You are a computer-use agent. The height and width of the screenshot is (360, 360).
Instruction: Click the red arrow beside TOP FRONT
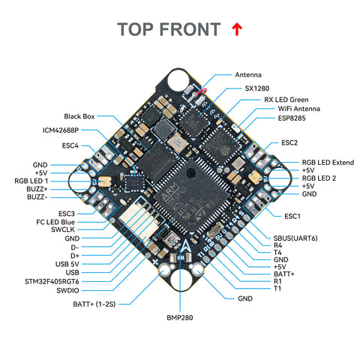point(238,29)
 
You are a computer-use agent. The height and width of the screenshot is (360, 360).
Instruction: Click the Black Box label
point(80,116)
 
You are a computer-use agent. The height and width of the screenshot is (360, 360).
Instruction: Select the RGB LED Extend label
point(327,161)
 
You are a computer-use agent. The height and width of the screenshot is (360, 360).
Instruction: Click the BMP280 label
point(180,318)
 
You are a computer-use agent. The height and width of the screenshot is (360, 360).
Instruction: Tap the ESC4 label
point(70,145)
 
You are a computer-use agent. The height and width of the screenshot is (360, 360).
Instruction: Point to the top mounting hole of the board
point(180,81)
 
